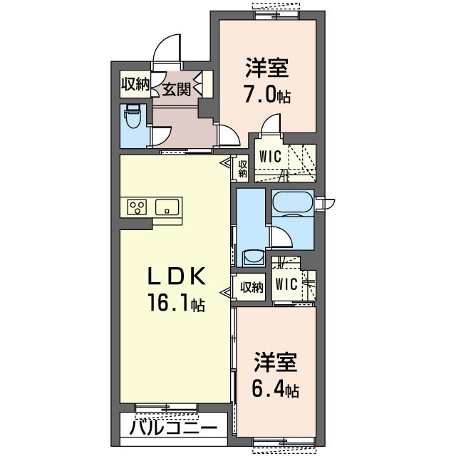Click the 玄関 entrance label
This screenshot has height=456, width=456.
(175, 90)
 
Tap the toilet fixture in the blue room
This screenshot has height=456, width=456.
(133, 115)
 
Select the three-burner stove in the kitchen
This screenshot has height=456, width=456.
(137, 207)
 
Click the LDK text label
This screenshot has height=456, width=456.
(177, 276)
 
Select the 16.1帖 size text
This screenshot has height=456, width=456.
(177, 305)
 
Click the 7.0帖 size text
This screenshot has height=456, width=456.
(267, 95)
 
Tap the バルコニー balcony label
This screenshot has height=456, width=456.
(174, 429)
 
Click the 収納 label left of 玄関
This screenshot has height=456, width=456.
(134, 84)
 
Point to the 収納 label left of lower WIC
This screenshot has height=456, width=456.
(252, 287)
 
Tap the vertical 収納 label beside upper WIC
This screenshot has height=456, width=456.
(242, 168)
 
